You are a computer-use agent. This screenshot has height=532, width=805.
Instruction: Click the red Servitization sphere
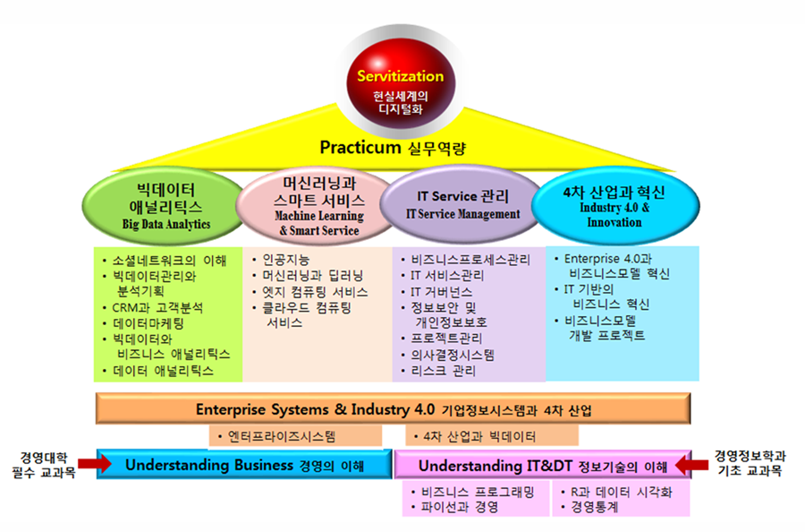coord(401,85)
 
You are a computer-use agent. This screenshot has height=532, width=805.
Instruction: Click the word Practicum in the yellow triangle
coord(360,148)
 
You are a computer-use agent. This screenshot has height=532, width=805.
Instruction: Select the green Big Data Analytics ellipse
coord(164,207)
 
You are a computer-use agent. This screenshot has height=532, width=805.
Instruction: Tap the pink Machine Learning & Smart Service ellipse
coord(318,207)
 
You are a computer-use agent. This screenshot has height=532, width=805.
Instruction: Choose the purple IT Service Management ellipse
coord(462,204)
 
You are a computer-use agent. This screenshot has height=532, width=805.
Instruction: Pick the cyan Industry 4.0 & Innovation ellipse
coord(615,206)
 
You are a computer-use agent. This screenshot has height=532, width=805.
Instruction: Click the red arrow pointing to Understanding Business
coord(95,464)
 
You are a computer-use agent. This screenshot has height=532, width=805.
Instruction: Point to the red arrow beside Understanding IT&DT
coord(692,465)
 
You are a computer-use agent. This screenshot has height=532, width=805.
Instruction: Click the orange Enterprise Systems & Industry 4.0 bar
coord(394,408)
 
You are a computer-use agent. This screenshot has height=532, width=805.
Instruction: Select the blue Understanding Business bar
coord(244,465)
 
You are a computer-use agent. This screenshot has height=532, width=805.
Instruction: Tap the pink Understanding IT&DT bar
coord(543,465)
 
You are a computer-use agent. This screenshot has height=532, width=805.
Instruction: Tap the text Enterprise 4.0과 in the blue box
coord(608,259)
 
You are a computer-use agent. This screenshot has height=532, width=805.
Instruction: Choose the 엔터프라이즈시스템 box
coord(295,436)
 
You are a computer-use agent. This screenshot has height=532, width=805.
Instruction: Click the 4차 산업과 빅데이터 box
coord(492,436)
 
